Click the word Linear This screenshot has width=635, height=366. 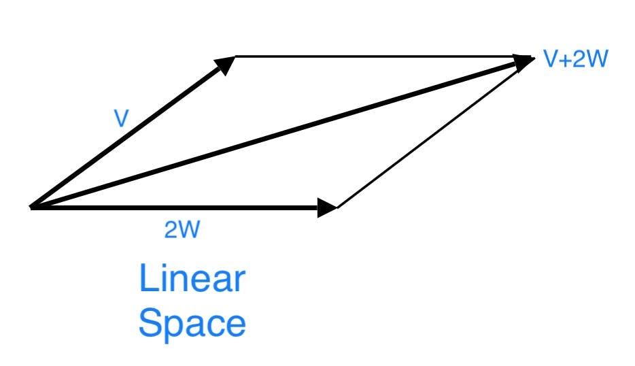192,278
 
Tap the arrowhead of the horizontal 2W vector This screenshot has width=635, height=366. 327,207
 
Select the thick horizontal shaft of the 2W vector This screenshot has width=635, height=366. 177,207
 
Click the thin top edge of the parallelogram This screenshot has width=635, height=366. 374,56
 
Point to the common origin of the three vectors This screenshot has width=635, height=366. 32,206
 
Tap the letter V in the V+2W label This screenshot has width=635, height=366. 550,59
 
